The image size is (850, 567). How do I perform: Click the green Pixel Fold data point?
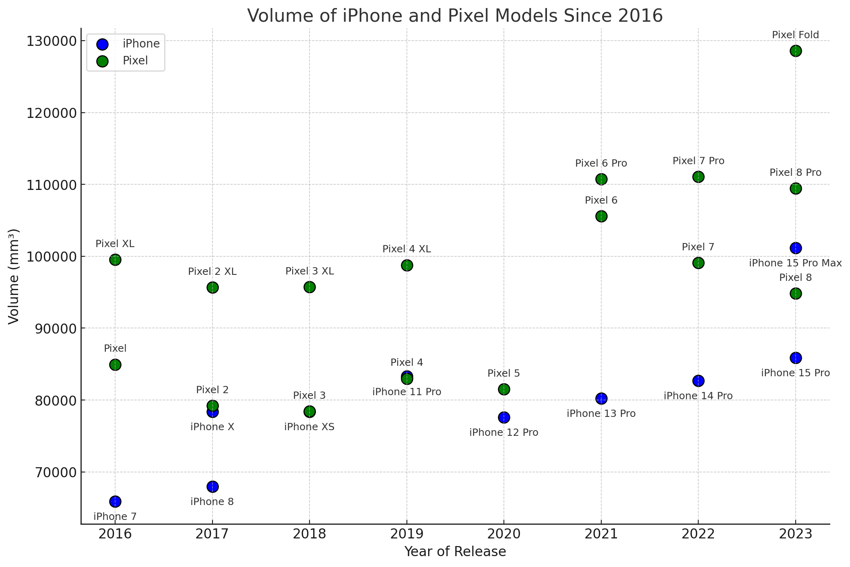tap(795, 51)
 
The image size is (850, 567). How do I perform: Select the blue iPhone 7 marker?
tap(115, 501)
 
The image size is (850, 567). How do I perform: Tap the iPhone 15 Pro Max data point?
tap(795, 248)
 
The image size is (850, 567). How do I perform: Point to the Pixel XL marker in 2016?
tap(115, 260)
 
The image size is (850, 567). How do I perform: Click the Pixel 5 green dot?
tap(504, 389)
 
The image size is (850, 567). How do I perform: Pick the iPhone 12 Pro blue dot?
tap(504, 417)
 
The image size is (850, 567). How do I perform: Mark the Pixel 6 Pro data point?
tap(601, 179)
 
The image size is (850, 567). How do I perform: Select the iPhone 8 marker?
tap(212, 487)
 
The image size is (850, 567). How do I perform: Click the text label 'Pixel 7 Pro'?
tap(698, 161)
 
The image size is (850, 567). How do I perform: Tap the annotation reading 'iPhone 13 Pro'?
tap(601, 414)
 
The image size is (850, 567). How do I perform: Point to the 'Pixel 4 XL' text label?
tap(406, 249)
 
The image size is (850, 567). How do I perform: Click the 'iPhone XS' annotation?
tap(309, 427)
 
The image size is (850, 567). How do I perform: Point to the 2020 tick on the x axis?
tap(504, 534)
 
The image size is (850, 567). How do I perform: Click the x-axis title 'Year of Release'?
tap(455, 552)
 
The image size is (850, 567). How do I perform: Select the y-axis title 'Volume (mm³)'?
tap(14, 276)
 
